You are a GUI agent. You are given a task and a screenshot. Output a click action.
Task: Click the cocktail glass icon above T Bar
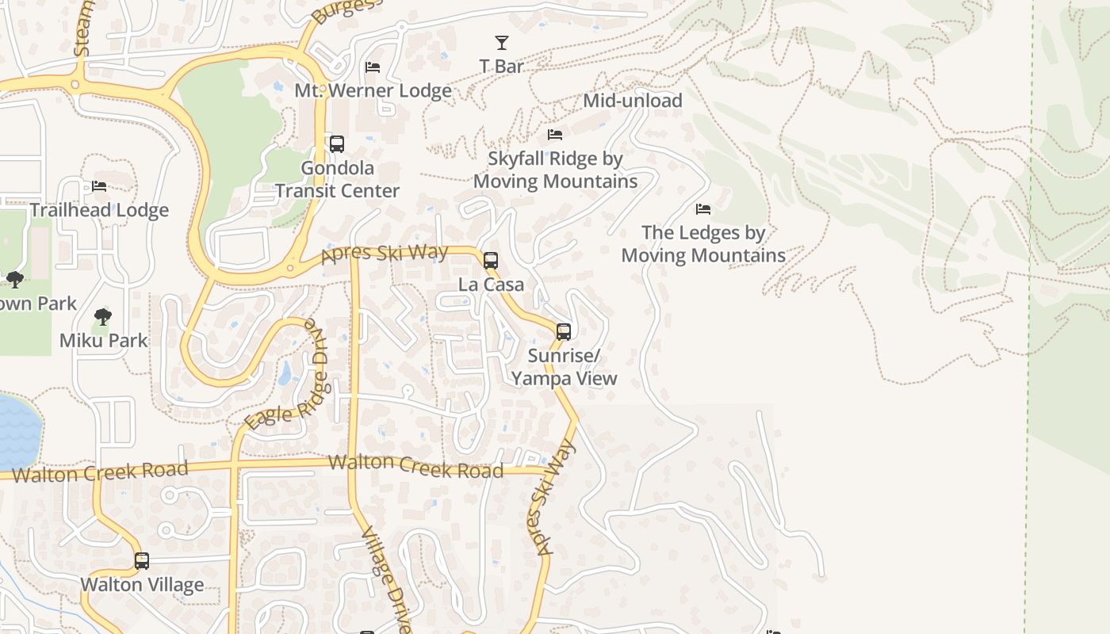pos(501,43)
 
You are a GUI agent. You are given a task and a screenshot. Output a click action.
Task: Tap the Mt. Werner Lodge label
pos(373,90)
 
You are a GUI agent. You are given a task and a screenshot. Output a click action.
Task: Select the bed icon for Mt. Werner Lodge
pos(373,67)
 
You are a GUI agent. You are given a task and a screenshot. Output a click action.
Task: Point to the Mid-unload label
pos(632,101)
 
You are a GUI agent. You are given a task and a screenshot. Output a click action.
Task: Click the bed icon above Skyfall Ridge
pos(555,135)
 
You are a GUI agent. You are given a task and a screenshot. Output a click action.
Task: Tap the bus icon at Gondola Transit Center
pos(337,144)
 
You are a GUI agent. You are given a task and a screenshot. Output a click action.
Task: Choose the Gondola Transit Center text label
pos(337,180)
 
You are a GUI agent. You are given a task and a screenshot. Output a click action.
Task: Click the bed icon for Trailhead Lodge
pos(99,186)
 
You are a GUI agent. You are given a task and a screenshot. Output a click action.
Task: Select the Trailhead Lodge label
pos(99,210)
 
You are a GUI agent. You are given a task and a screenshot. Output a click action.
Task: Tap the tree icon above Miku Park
pos(102,318)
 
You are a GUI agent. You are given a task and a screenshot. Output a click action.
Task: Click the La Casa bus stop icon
pos(491,260)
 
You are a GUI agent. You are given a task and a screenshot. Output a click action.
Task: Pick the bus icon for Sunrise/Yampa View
pos(564,332)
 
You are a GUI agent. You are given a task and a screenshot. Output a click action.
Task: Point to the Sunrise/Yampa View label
pos(564,367)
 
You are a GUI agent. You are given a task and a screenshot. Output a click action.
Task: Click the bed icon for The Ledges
pos(703,209)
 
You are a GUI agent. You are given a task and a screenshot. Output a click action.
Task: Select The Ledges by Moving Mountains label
pos(703,244)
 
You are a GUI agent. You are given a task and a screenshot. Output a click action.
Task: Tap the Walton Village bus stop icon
pos(142,561)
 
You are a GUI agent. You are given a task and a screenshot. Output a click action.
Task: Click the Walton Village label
pos(142,585)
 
